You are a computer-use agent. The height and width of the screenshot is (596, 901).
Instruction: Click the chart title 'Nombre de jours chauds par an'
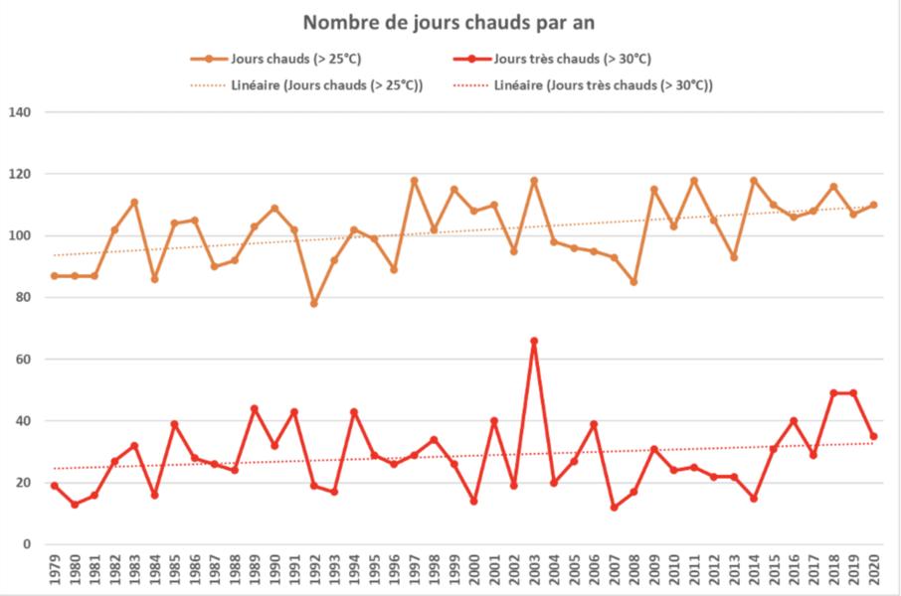[450, 22]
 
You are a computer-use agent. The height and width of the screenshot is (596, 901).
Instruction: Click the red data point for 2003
[534, 341]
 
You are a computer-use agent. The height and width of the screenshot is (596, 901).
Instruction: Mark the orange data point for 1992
[314, 303]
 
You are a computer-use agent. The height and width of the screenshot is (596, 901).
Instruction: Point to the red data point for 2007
[614, 508]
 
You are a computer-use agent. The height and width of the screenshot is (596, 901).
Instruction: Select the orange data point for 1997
[414, 180]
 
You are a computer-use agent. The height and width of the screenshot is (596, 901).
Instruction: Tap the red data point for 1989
[255, 408]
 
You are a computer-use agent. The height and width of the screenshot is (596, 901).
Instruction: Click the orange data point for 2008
[633, 282]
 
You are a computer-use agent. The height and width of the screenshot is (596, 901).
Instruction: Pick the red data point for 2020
[873, 436]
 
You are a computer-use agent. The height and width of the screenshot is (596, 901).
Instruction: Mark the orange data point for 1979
[55, 276]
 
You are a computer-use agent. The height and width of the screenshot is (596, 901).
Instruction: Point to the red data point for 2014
[754, 498]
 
